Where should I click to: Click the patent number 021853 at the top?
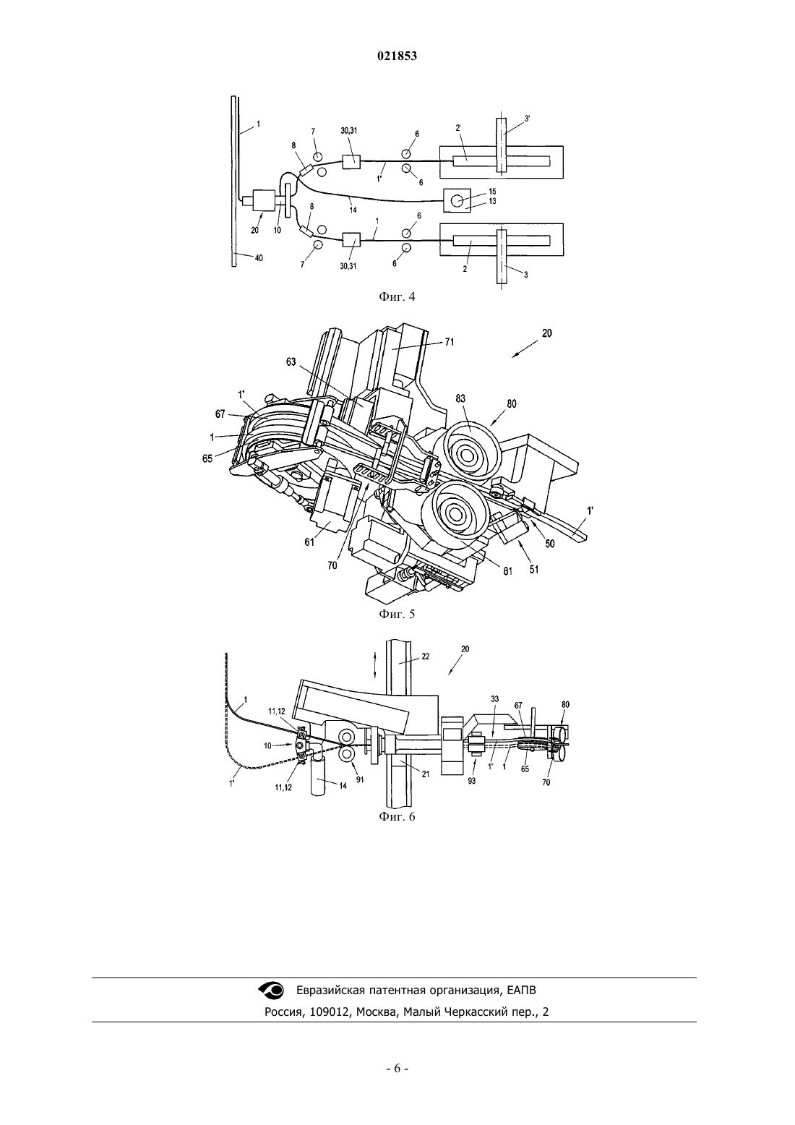point(397,56)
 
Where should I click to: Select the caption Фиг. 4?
point(397,297)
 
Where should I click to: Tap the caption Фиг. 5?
point(397,615)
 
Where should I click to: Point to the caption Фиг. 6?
point(397,816)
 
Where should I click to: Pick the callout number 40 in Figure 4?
point(259,258)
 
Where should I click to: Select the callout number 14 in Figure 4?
point(353,210)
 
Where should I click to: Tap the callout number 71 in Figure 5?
point(449,342)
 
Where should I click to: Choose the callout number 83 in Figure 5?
point(461,399)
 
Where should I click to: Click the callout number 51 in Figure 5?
point(533,570)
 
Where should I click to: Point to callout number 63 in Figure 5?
point(291,362)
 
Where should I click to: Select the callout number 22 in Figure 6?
point(426,656)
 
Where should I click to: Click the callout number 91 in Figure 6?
point(359,780)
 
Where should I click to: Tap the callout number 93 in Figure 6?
point(472,781)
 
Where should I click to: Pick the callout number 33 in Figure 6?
point(495,698)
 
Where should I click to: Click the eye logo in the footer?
point(270,990)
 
